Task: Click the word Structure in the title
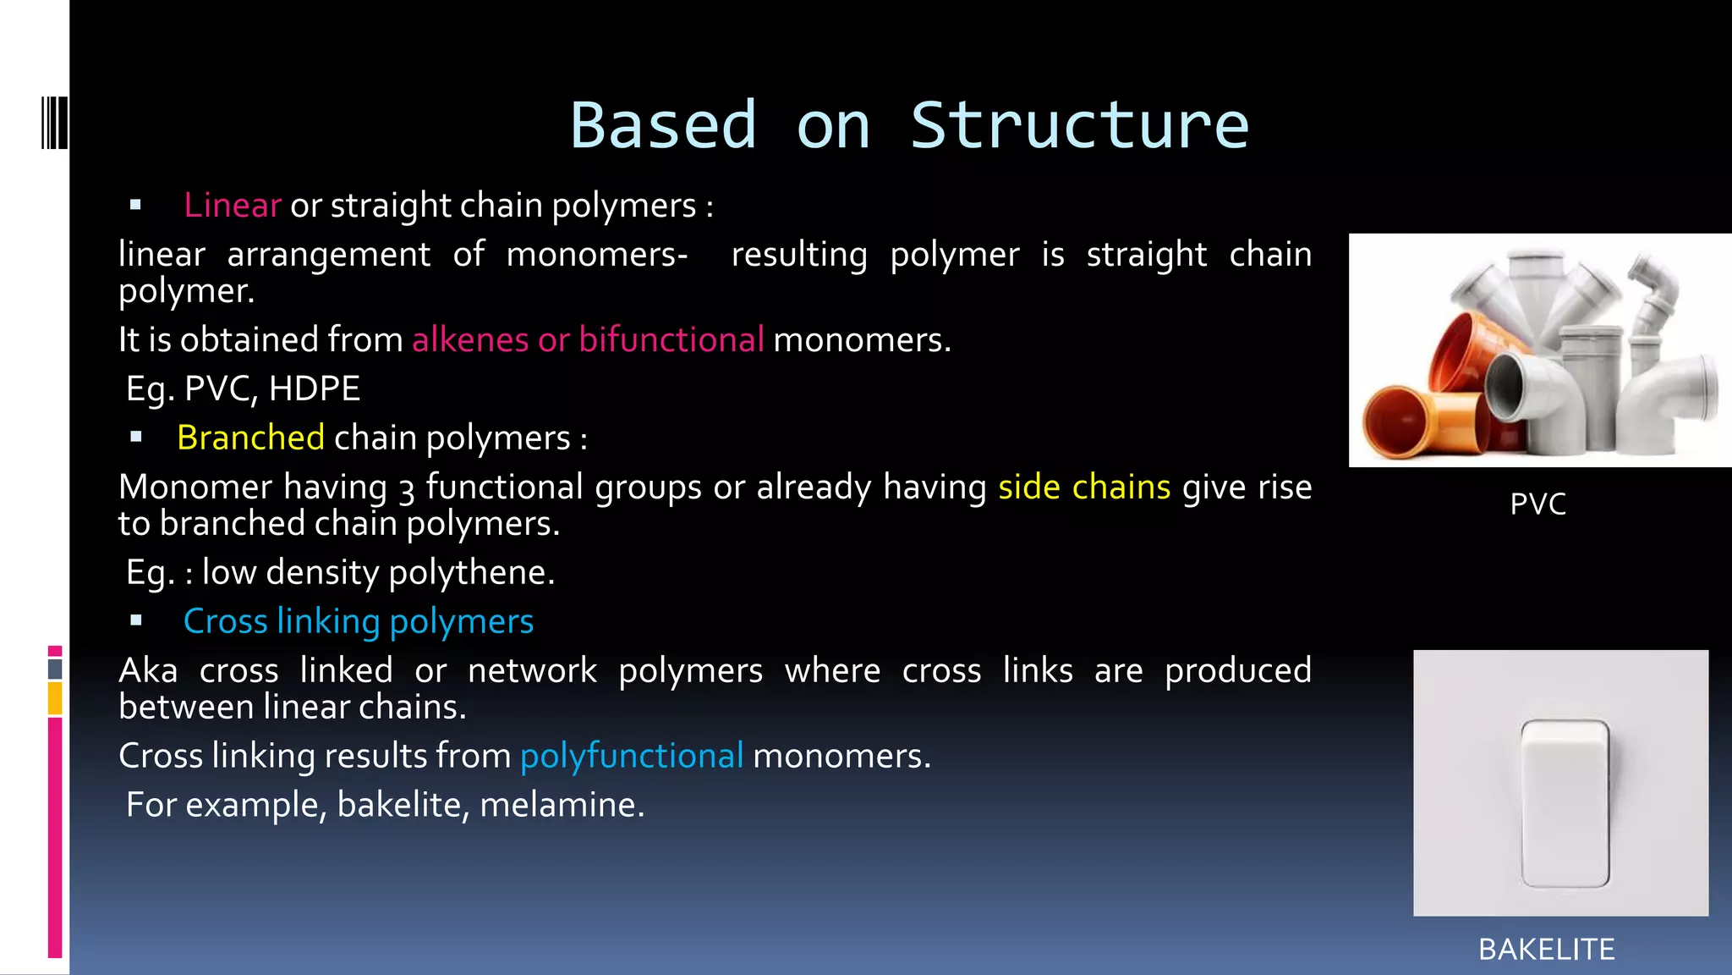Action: pos(1079,126)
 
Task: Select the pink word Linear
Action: pos(232,206)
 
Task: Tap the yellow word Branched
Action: pos(250,438)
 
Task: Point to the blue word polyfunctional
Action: pos(632,756)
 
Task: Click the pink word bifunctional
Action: pos(671,339)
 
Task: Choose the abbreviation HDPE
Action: pos(315,388)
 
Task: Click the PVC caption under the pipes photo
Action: pos(1537,504)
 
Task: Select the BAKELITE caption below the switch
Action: pos(1546,950)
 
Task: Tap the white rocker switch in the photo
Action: pos(1565,801)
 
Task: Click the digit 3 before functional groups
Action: pos(407,489)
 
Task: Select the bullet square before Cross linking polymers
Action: pos(136,621)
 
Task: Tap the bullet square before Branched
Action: pos(136,438)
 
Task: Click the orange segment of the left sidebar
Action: pos(55,699)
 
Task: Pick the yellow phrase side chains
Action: pos(1084,487)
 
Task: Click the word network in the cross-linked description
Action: pos(532,671)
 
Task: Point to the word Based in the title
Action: pos(663,126)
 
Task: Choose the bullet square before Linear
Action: pos(135,205)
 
